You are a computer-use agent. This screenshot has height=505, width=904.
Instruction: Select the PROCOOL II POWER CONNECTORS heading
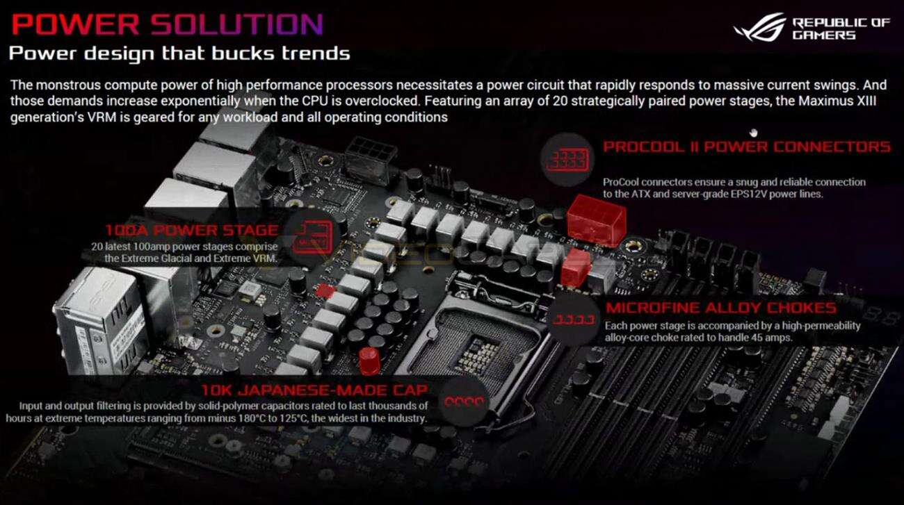(x=746, y=147)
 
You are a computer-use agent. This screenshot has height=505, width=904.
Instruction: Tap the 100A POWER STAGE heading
(x=191, y=231)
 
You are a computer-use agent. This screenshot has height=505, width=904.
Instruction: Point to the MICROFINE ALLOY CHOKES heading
(x=720, y=308)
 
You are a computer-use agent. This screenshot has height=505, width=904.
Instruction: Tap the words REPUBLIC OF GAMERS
(x=841, y=28)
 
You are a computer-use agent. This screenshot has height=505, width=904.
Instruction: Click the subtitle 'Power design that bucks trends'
(x=179, y=53)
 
